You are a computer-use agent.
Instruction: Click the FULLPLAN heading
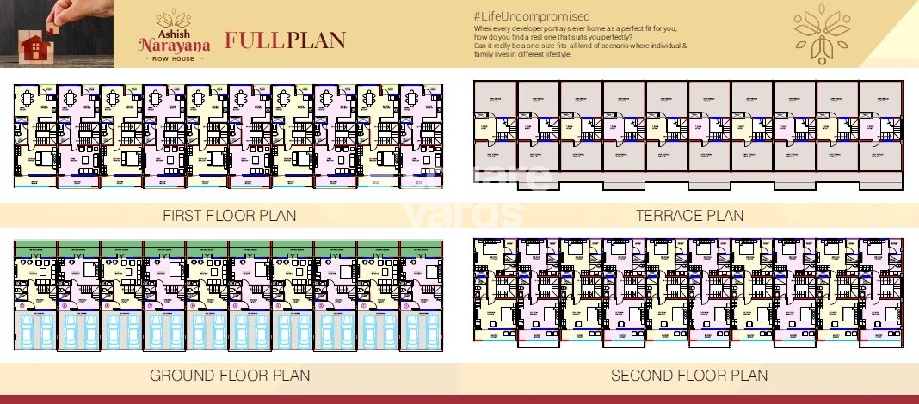coord(285,40)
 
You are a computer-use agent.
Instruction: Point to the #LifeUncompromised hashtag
coord(532,16)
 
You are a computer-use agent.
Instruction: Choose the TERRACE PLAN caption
coord(689,215)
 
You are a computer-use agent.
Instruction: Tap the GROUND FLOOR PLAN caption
coord(230,376)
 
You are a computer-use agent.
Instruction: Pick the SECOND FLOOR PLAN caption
coord(689,376)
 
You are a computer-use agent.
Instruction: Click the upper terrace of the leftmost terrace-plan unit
coord(496,100)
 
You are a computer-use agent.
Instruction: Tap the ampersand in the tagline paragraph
coord(685,46)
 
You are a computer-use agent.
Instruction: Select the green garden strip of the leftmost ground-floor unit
coord(35,247)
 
